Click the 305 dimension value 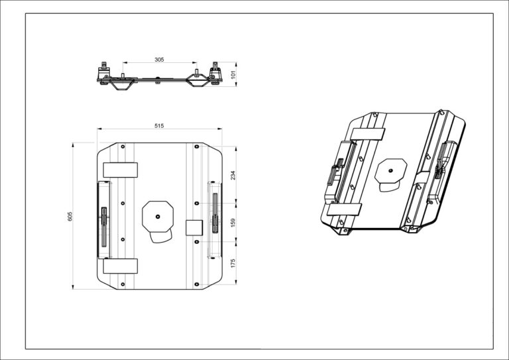coord(159,60)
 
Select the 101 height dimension coord(233,75)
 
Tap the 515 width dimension coord(159,125)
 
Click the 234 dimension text coord(233,175)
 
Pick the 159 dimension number coord(233,223)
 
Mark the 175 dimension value coord(233,263)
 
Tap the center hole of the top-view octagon coord(158,215)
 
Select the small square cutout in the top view coord(194,227)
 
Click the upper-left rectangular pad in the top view coord(121,170)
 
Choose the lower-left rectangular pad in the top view coord(121,267)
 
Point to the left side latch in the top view coord(104,218)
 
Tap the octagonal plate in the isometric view coord(390,172)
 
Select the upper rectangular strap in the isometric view coord(368,133)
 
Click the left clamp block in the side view coord(105,73)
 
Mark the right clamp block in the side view coord(215,73)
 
